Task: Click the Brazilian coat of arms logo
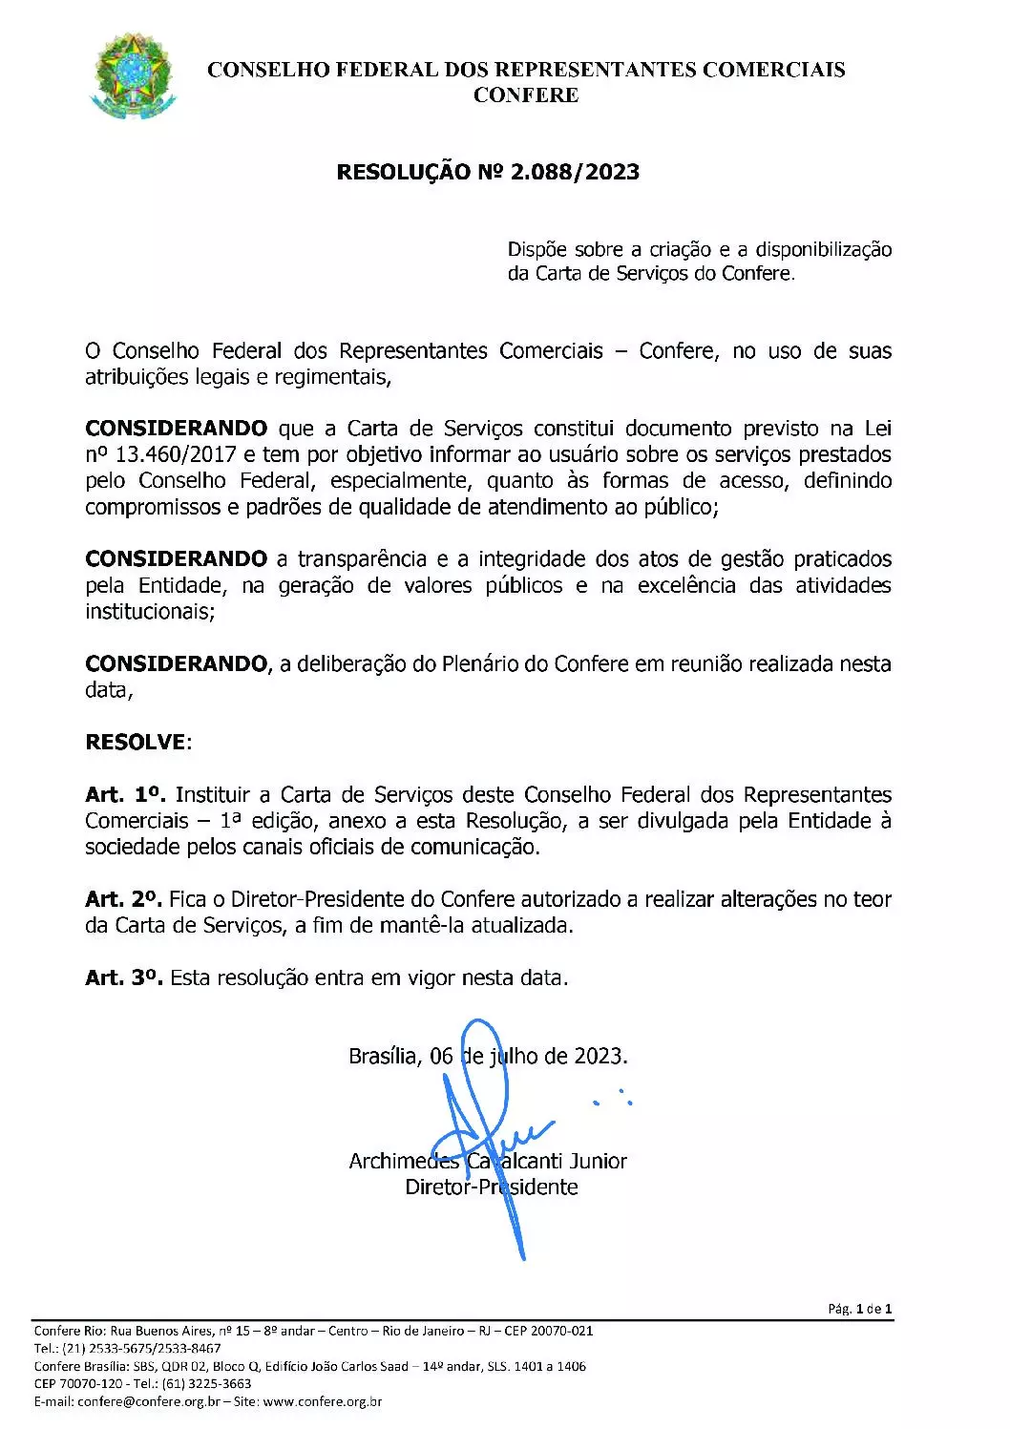click(x=133, y=76)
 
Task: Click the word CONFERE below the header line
click(x=526, y=95)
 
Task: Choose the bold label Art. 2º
click(x=124, y=899)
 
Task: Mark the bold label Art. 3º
click(x=124, y=978)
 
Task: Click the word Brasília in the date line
click(x=383, y=1057)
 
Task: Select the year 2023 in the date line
click(x=599, y=1057)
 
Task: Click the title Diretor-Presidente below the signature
click(x=492, y=1187)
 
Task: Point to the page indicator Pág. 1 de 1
click(x=859, y=1310)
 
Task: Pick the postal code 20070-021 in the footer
click(x=561, y=1331)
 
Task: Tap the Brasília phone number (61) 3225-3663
click(x=207, y=1384)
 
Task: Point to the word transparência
click(x=362, y=559)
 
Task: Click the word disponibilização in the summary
click(x=824, y=250)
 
